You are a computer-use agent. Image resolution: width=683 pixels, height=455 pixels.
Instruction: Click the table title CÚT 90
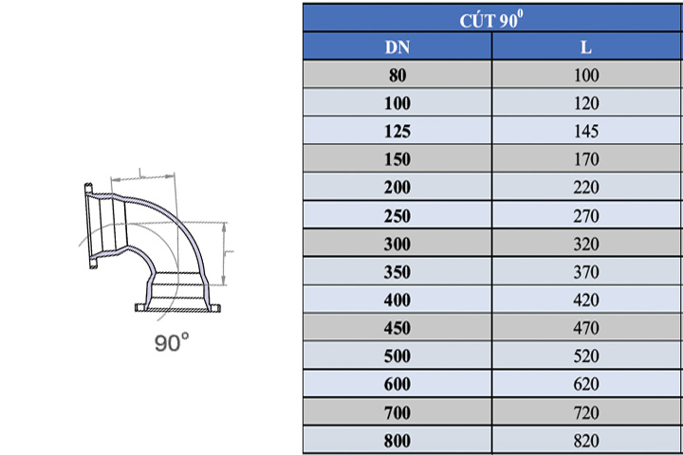tap(492, 19)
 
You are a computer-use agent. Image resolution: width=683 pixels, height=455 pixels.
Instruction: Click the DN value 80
tap(397, 75)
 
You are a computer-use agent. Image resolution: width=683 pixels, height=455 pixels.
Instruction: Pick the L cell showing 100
tap(586, 75)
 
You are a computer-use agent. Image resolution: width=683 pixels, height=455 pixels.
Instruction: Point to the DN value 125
tap(397, 131)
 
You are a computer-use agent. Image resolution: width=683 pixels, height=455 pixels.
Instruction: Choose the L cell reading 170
tap(586, 159)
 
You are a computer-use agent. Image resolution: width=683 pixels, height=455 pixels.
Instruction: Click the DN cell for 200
tap(397, 188)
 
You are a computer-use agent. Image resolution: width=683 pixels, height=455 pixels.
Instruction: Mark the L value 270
tap(586, 215)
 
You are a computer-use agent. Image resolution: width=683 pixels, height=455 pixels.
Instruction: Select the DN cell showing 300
tap(397, 244)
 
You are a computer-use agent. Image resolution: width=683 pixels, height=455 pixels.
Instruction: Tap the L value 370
tap(586, 272)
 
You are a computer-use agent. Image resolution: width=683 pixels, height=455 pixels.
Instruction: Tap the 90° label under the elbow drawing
tap(172, 343)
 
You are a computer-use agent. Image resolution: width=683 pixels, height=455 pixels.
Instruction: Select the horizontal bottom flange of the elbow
tap(177, 307)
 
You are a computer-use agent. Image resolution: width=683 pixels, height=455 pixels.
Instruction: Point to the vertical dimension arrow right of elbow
tap(225, 253)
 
